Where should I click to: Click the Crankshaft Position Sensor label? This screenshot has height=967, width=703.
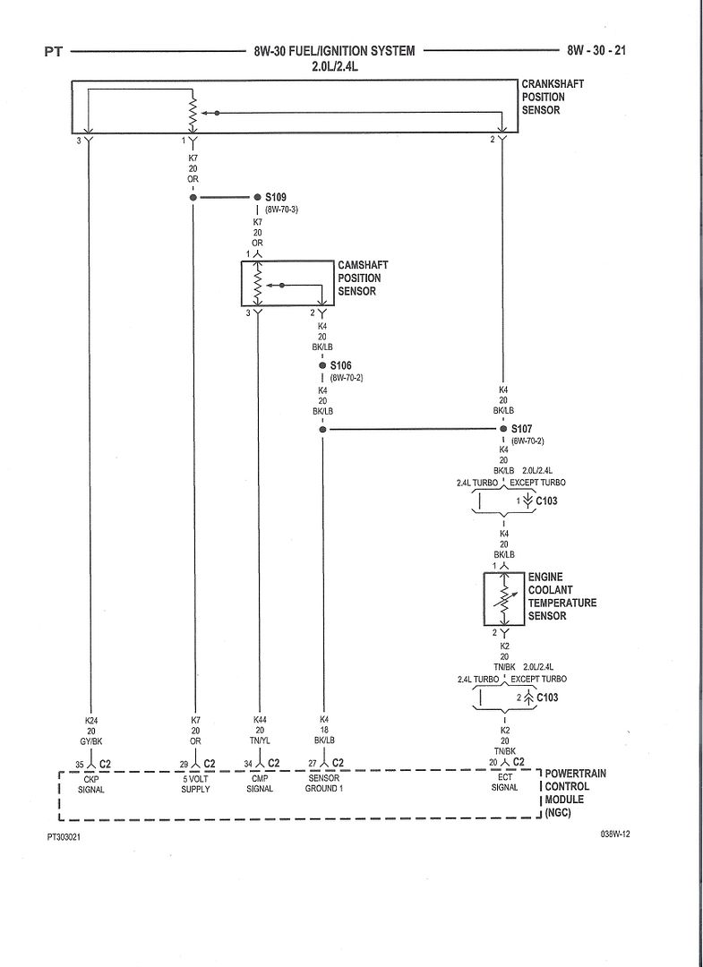(553, 97)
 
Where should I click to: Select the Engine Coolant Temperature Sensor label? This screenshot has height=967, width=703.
(560, 596)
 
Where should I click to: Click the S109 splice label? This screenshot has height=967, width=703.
(275, 196)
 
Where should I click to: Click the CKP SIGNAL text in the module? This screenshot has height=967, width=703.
(90, 783)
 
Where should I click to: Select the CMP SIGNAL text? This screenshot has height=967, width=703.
(260, 783)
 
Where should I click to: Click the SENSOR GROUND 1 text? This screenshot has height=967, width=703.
(322, 783)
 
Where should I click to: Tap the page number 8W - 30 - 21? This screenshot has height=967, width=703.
(608, 51)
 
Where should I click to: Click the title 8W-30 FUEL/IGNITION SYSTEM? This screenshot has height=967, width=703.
(334, 51)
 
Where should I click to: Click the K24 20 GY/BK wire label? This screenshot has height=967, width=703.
(91, 731)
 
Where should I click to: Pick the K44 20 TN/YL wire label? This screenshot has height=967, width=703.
(259, 731)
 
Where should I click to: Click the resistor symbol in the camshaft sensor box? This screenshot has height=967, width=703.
(258, 285)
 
